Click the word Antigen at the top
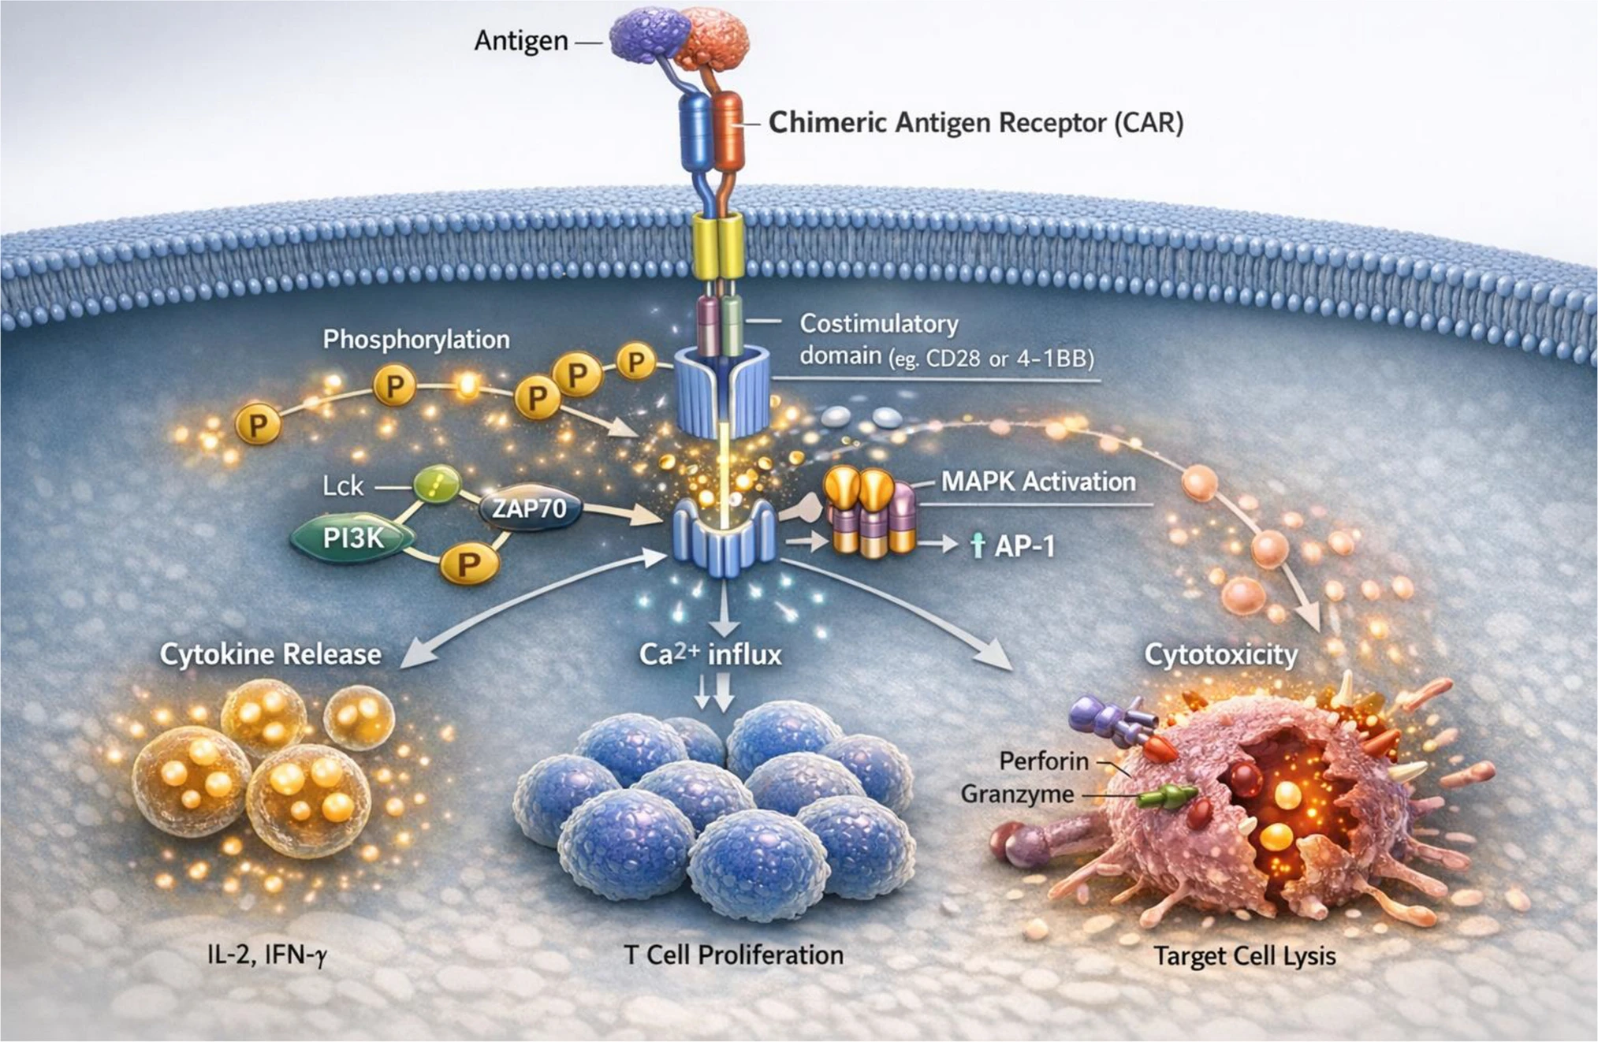pyautogui.click(x=520, y=40)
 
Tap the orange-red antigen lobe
pyautogui.click(x=713, y=37)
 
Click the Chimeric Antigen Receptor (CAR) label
pyautogui.click(x=976, y=123)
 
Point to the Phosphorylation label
pyautogui.click(x=416, y=340)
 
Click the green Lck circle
pyautogui.click(x=437, y=484)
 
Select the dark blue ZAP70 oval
pyautogui.click(x=530, y=508)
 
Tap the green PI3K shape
pyautogui.click(x=352, y=538)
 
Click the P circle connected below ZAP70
pyautogui.click(x=469, y=564)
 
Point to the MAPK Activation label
pyautogui.click(x=1038, y=482)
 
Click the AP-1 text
pyautogui.click(x=1024, y=546)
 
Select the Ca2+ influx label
pyautogui.click(x=710, y=654)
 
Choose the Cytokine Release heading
pyautogui.click(x=270, y=654)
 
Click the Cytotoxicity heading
pyautogui.click(x=1220, y=654)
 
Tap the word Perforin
pyautogui.click(x=1044, y=761)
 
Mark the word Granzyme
pyautogui.click(x=1017, y=794)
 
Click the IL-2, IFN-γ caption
pyautogui.click(x=266, y=955)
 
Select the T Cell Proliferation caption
pyautogui.click(x=733, y=955)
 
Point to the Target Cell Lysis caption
pyautogui.click(x=1245, y=956)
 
